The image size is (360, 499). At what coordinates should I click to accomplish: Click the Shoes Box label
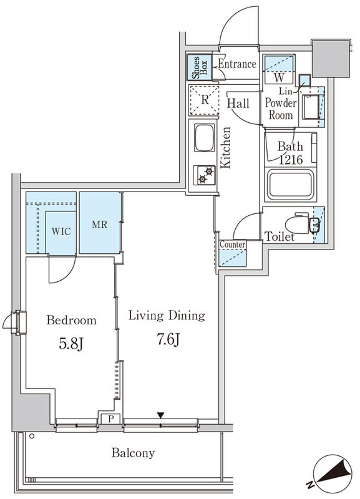pyautogui.click(x=200, y=67)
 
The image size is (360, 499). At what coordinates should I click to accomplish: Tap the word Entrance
pyautogui.click(x=237, y=64)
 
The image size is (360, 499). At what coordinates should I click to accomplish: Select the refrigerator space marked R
pyautogui.click(x=205, y=100)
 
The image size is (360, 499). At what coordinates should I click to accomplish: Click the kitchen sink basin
pyautogui.click(x=205, y=138)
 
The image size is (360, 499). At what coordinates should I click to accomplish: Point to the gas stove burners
pyautogui.click(x=205, y=175)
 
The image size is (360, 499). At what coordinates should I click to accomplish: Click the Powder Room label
pyautogui.click(x=281, y=109)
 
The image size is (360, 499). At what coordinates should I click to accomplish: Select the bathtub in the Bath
pyautogui.click(x=291, y=185)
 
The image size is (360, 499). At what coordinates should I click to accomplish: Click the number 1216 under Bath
pyautogui.click(x=291, y=160)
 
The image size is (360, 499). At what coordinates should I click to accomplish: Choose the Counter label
pyautogui.click(x=233, y=245)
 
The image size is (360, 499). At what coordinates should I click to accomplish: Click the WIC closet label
pyautogui.click(x=61, y=231)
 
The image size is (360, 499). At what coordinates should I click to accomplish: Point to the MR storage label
pyautogui.click(x=100, y=225)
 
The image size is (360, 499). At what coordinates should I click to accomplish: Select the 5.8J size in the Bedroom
pyautogui.click(x=71, y=344)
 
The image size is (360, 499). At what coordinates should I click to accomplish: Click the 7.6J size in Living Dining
pyautogui.click(x=168, y=339)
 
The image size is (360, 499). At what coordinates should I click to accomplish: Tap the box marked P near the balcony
pyautogui.click(x=110, y=419)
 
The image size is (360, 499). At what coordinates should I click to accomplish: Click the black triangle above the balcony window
pyautogui.click(x=161, y=415)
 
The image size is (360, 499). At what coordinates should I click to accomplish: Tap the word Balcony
pyautogui.click(x=133, y=453)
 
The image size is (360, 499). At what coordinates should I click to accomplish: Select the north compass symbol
pyautogui.click(x=333, y=475)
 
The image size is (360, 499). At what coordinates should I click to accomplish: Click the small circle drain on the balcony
pyautogui.click(x=32, y=436)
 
